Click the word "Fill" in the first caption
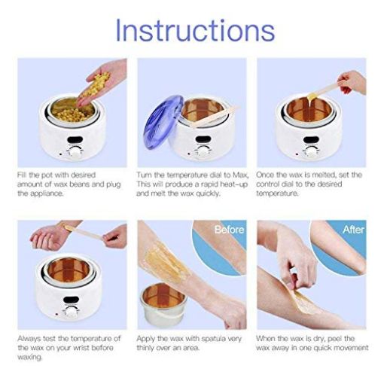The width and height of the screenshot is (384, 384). click(23, 174)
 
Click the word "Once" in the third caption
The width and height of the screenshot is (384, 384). click(267, 174)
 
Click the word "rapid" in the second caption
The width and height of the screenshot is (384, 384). click(199, 184)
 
